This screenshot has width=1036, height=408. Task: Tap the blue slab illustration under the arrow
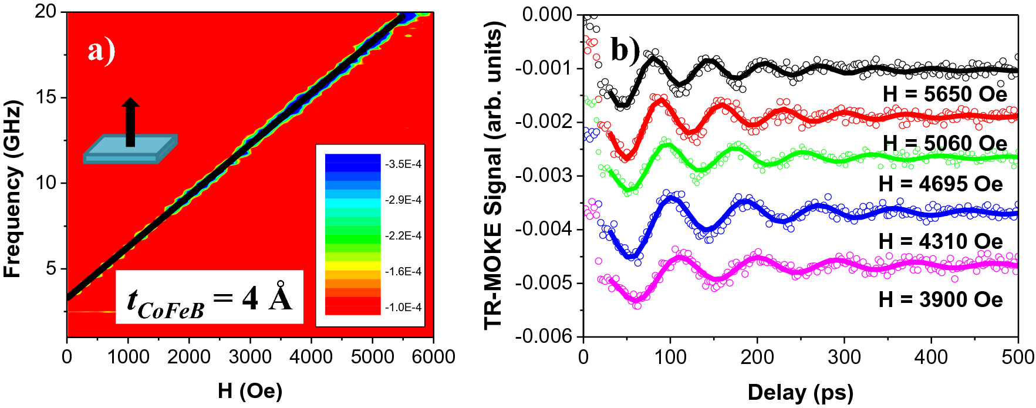point(130,150)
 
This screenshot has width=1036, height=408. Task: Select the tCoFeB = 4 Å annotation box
point(209,298)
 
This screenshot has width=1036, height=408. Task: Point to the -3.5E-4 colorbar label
point(403,164)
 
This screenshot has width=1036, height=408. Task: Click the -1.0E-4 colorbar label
point(403,307)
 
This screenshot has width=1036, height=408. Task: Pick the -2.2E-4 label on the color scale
point(403,235)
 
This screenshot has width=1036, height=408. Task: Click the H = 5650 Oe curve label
point(945,94)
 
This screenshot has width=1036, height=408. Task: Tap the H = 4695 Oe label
point(941,184)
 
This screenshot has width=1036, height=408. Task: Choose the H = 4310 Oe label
point(941,241)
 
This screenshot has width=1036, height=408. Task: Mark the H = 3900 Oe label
point(941,299)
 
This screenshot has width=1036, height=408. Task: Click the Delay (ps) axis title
point(800,392)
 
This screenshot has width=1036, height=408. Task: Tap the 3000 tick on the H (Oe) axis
point(250,356)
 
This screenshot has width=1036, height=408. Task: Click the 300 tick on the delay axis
point(844,356)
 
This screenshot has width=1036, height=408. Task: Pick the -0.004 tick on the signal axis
point(544,229)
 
